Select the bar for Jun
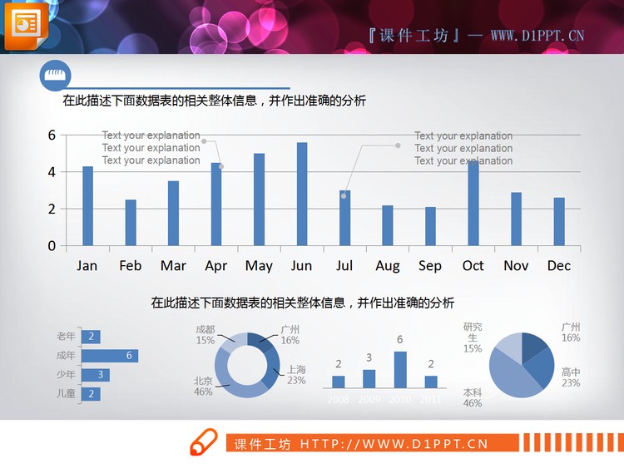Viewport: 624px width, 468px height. click(x=302, y=195)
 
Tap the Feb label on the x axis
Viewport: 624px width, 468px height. click(x=131, y=266)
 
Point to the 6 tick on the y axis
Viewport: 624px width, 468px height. click(x=52, y=135)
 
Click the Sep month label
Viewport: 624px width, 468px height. click(x=430, y=266)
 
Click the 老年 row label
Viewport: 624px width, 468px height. click(x=66, y=337)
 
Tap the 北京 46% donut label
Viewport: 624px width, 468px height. click(x=203, y=387)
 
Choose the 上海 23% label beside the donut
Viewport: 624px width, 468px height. click(x=296, y=375)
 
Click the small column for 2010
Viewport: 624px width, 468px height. click(x=400, y=370)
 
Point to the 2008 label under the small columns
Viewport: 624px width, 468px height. click(x=338, y=400)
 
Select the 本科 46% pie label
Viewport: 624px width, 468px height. click(x=473, y=397)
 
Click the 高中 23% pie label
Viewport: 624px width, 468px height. click(x=571, y=377)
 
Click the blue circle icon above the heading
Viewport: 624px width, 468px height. click(x=55, y=76)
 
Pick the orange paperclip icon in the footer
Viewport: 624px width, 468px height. click(x=203, y=442)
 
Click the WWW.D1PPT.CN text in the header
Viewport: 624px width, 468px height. click(x=537, y=36)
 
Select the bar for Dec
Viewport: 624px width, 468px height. click(x=559, y=221)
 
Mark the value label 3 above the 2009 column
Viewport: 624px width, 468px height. click(x=369, y=358)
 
